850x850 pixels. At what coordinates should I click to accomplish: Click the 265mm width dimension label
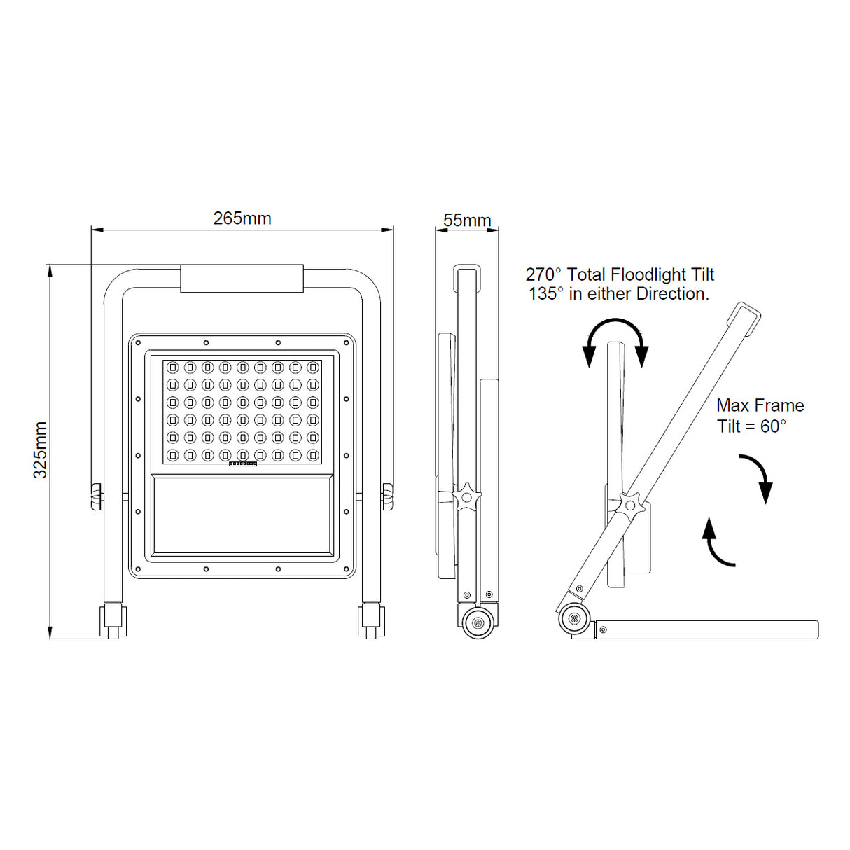[242, 218]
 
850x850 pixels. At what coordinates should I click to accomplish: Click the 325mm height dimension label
[41, 450]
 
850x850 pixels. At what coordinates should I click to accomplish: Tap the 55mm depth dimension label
[467, 220]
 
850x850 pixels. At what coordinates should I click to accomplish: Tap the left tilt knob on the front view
[96, 496]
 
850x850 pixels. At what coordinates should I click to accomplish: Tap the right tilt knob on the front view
[388, 496]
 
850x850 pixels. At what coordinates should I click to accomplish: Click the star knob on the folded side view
[466, 496]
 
